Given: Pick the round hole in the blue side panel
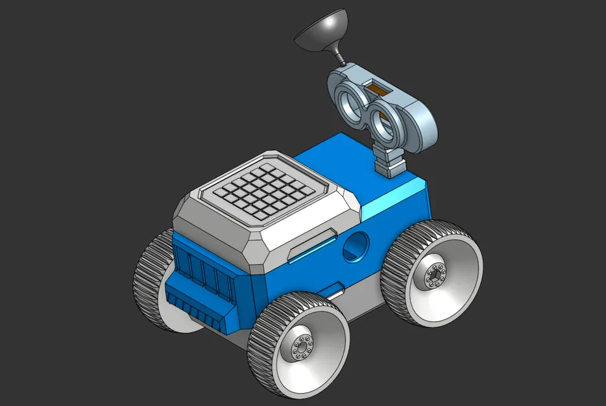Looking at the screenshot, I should click(x=354, y=247).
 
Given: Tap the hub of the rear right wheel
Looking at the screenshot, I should click(x=434, y=275).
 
